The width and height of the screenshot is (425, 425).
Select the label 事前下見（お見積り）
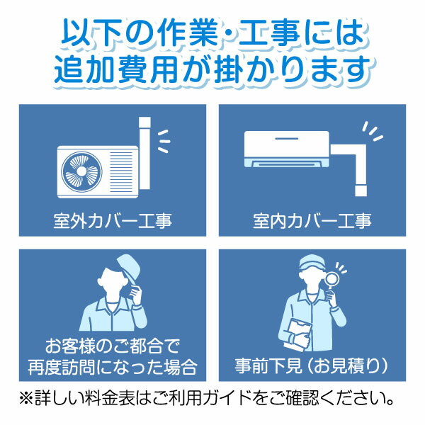click(x=312, y=366)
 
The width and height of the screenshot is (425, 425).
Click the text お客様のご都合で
click(x=113, y=347)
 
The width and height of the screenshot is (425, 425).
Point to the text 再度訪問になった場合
click(x=113, y=368)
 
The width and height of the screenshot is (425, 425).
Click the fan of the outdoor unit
click(x=80, y=172)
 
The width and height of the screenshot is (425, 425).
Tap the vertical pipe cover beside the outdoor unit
click(x=144, y=156)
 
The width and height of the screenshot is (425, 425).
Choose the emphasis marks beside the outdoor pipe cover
click(x=163, y=140)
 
